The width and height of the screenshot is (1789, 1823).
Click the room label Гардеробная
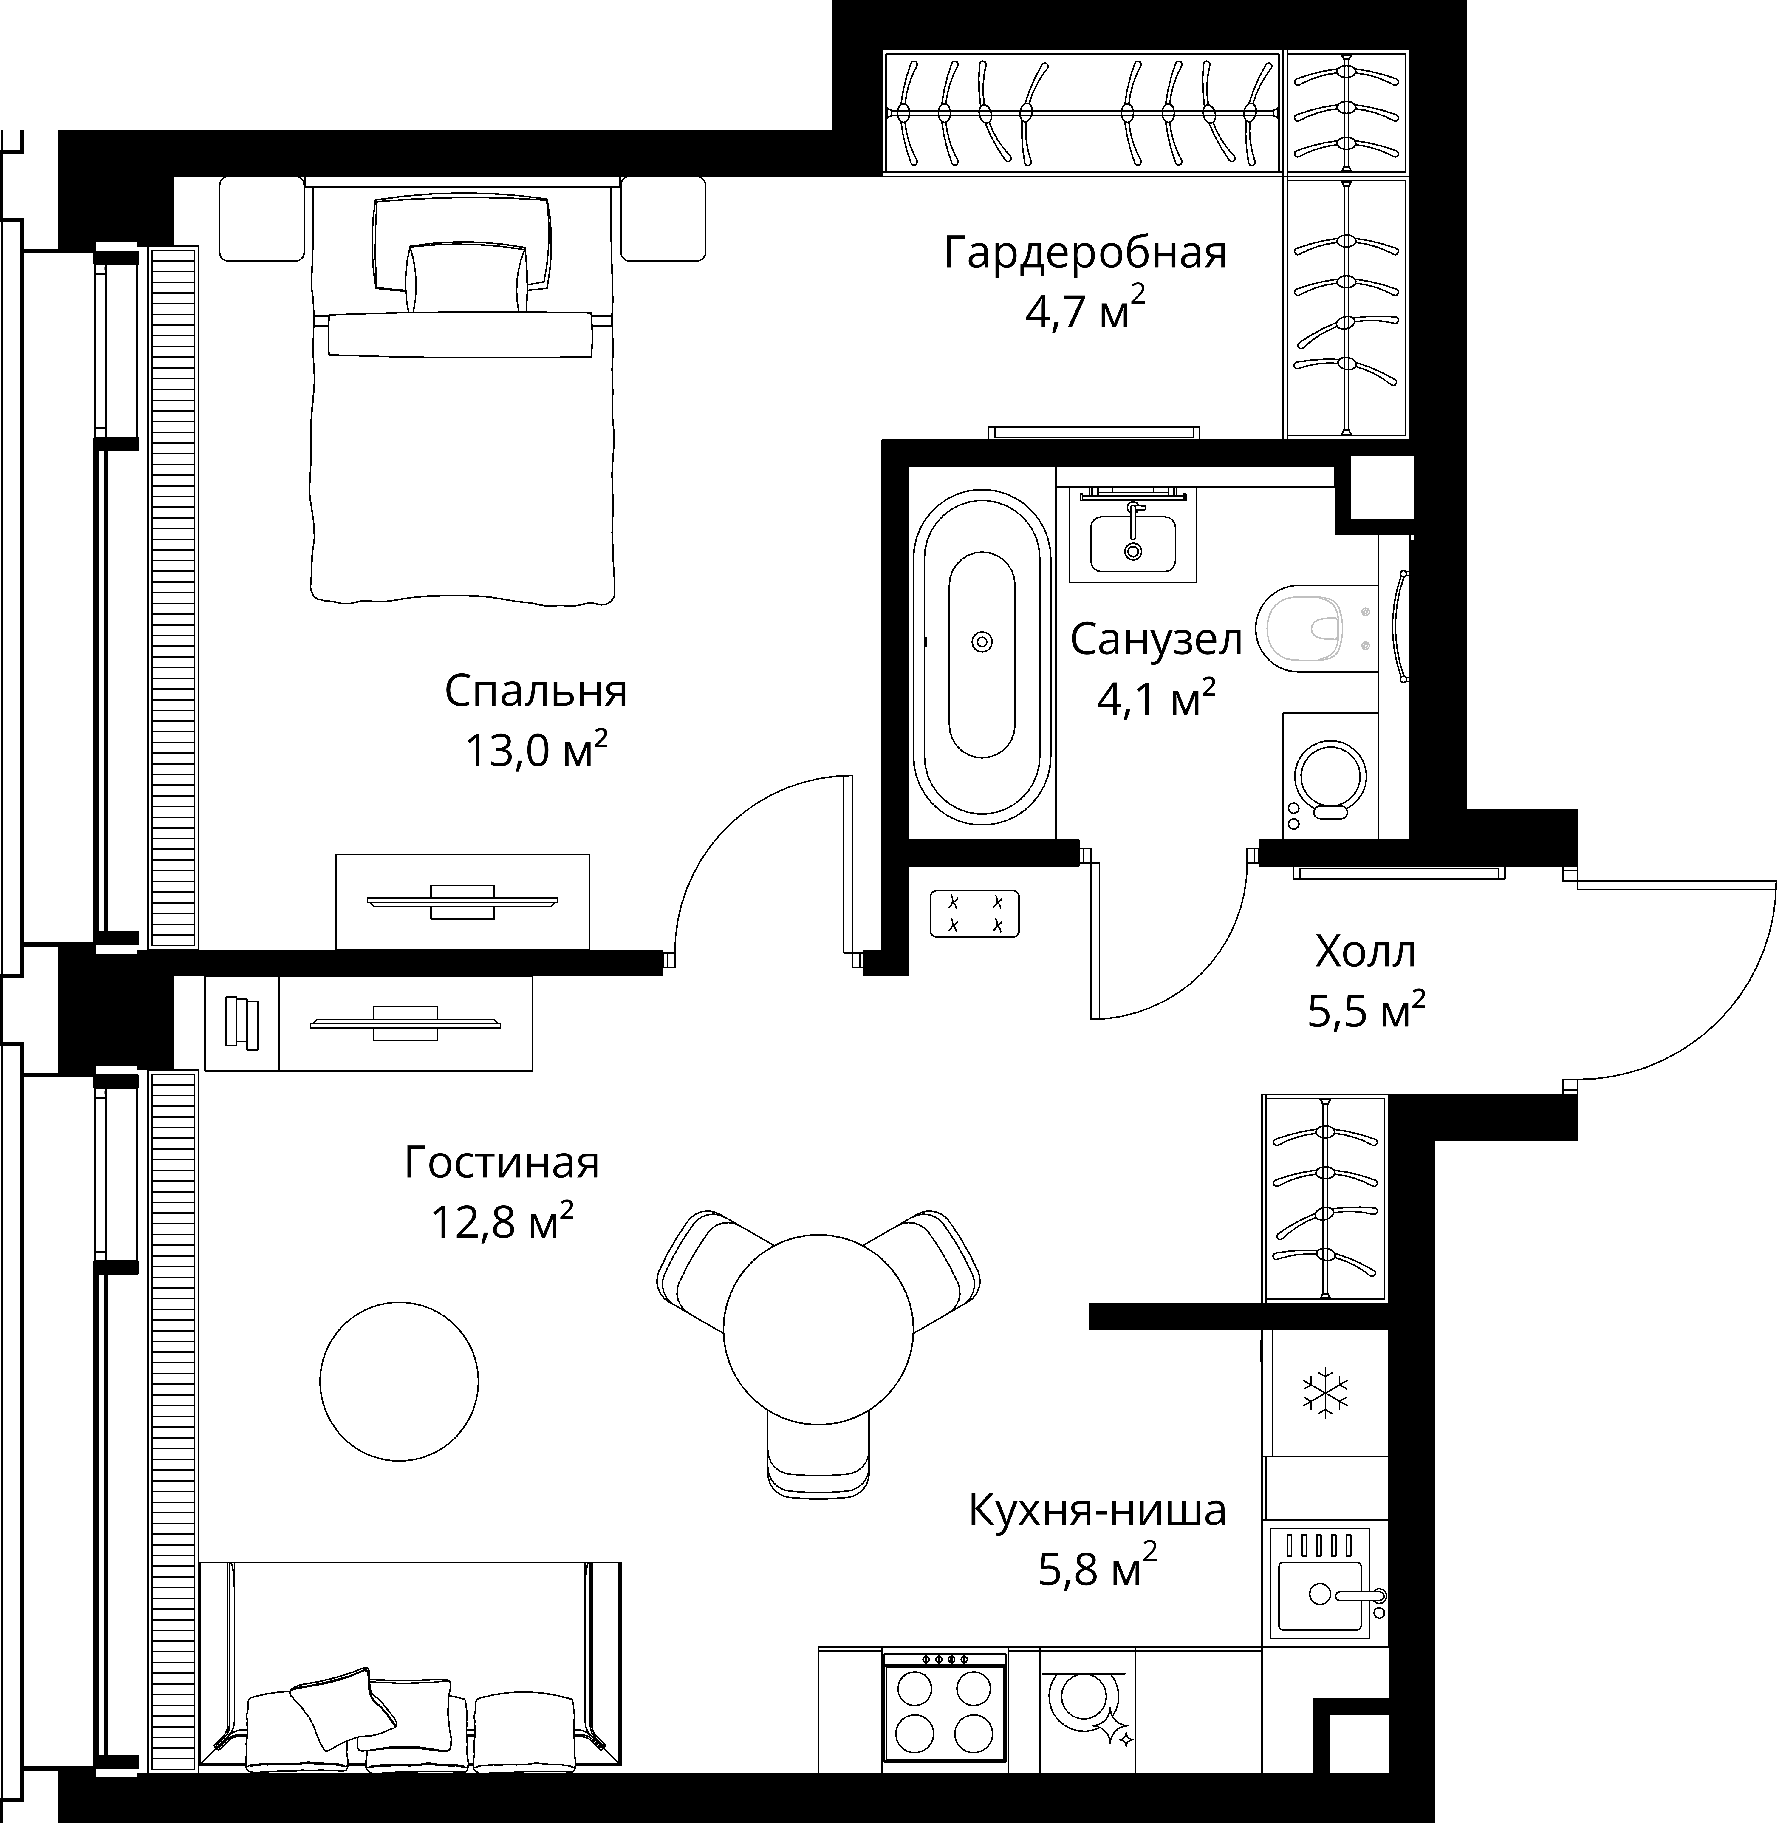(1085, 254)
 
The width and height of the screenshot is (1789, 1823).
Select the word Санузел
(1156, 640)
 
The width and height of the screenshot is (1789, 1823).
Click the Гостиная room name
(502, 1162)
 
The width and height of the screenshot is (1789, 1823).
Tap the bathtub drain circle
(982, 643)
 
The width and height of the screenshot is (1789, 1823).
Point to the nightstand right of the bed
(663, 219)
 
